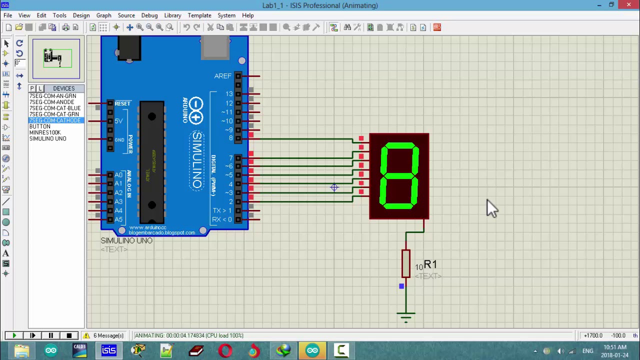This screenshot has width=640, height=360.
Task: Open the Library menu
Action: [172, 15]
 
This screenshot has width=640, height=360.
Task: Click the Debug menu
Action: [149, 15]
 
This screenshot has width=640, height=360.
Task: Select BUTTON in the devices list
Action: [39, 126]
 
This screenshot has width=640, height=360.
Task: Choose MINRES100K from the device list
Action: [44, 132]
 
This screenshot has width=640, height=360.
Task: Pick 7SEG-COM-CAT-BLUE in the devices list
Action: [54, 108]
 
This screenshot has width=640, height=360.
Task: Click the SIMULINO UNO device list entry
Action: [47, 138]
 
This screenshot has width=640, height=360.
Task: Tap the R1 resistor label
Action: [430, 264]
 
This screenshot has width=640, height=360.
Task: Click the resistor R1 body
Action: [405, 263]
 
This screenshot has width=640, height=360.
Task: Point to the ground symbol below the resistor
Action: [405, 315]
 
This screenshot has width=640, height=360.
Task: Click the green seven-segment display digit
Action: [399, 176]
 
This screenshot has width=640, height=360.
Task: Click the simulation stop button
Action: [69, 335]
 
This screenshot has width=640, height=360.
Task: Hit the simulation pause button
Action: [50, 335]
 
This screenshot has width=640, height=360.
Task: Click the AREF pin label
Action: [222, 76]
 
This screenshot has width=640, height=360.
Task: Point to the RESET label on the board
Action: [122, 103]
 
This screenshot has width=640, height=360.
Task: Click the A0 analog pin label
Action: [118, 175]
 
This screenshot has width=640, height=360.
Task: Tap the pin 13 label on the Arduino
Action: [228, 94]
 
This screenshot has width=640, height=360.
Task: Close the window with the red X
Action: [628, 5]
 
